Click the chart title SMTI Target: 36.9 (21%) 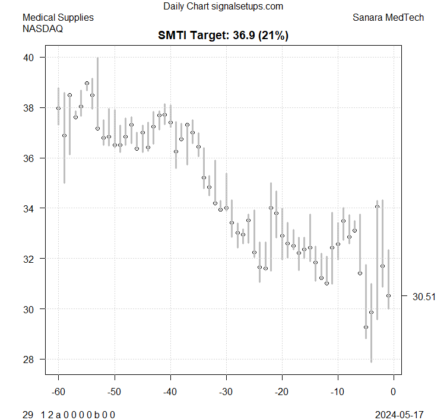pyautogui.click(x=223, y=36)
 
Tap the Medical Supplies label pyautogui.click(x=58, y=17)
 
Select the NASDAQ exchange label pyautogui.click(x=43, y=28)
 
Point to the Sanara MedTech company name pyautogui.click(x=388, y=17)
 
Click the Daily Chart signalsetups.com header pyautogui.click(x=223, y=7)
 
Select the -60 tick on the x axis pyautogui.click(x=58, y=392)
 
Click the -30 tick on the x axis pyautogui.click(x=226, y=392)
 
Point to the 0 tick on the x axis pyautogui.click(x=393, y=392)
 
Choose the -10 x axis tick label pyautogui.click(x=337, y=392)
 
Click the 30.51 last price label pyautogui.click(x=423, y=297)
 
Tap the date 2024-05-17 pyautogui.click(x=400, y=414)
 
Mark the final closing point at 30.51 pyautogui.click(x=389, y=295)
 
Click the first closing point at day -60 pyautogui.click(x=58, y=108)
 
